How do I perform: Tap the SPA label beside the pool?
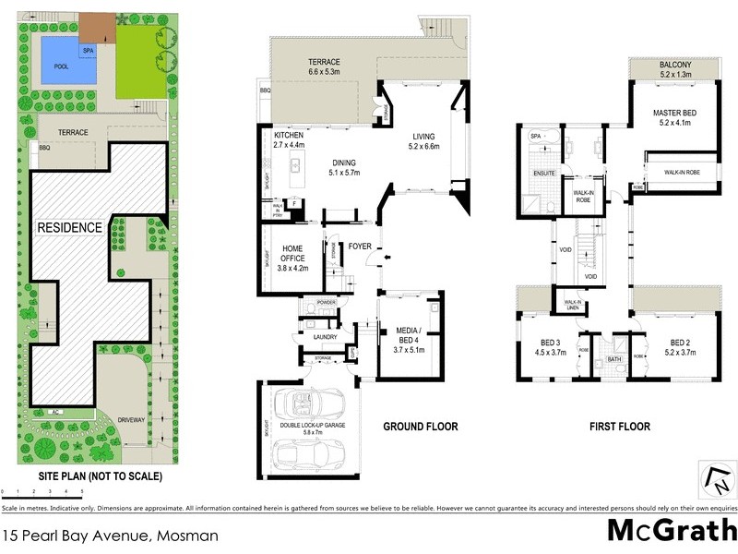pos(89,50)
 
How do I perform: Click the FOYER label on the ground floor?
pos(359,247)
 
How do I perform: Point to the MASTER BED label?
pos(675,117)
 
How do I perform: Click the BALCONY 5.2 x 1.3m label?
pos(676,69)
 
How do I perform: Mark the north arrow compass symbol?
pos(718,479)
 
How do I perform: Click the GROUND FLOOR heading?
pos(420,427)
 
